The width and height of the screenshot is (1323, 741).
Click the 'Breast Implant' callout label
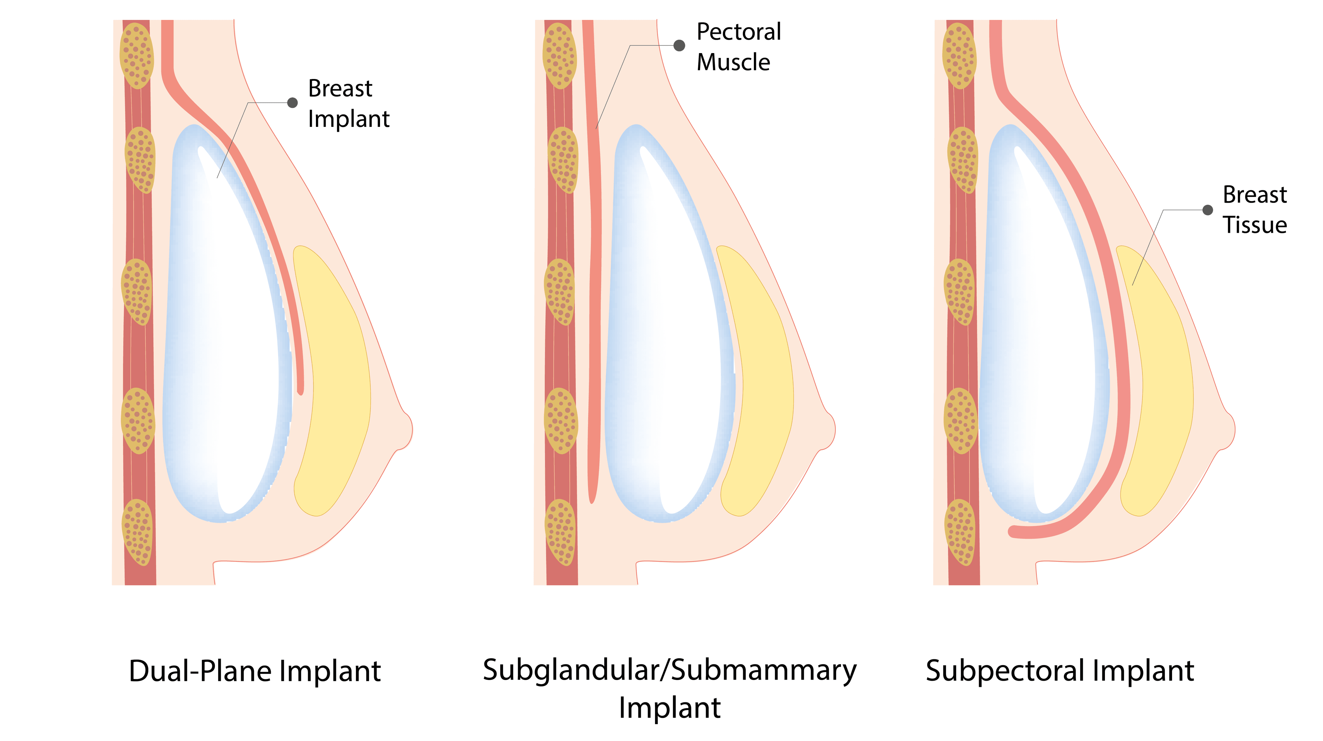pyautogui.click(x=349, y=103)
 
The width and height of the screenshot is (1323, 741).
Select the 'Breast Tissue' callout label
pyautogui.click(x=1255, y=210)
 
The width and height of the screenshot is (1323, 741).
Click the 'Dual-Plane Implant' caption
pyautogui.click(x=255, y=671)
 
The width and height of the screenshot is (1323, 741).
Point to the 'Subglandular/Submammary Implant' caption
pyautogui.click(x=670, y=689)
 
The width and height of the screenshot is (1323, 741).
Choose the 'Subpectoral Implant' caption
pyautogui.click(x=1059, y=671)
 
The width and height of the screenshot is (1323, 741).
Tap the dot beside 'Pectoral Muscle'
pyautogui.click(x=679, y=46)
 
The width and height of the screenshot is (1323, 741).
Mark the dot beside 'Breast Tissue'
pyautogui.click(x=1208, y=210)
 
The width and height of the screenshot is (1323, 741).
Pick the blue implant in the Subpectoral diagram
pyautogui.click(x=1043, y=329)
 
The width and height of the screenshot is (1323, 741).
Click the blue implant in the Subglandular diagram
pyautogui.click(x=668, y=329)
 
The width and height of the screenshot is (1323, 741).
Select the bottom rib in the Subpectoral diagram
pyautogui.click(x=960, y=532)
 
